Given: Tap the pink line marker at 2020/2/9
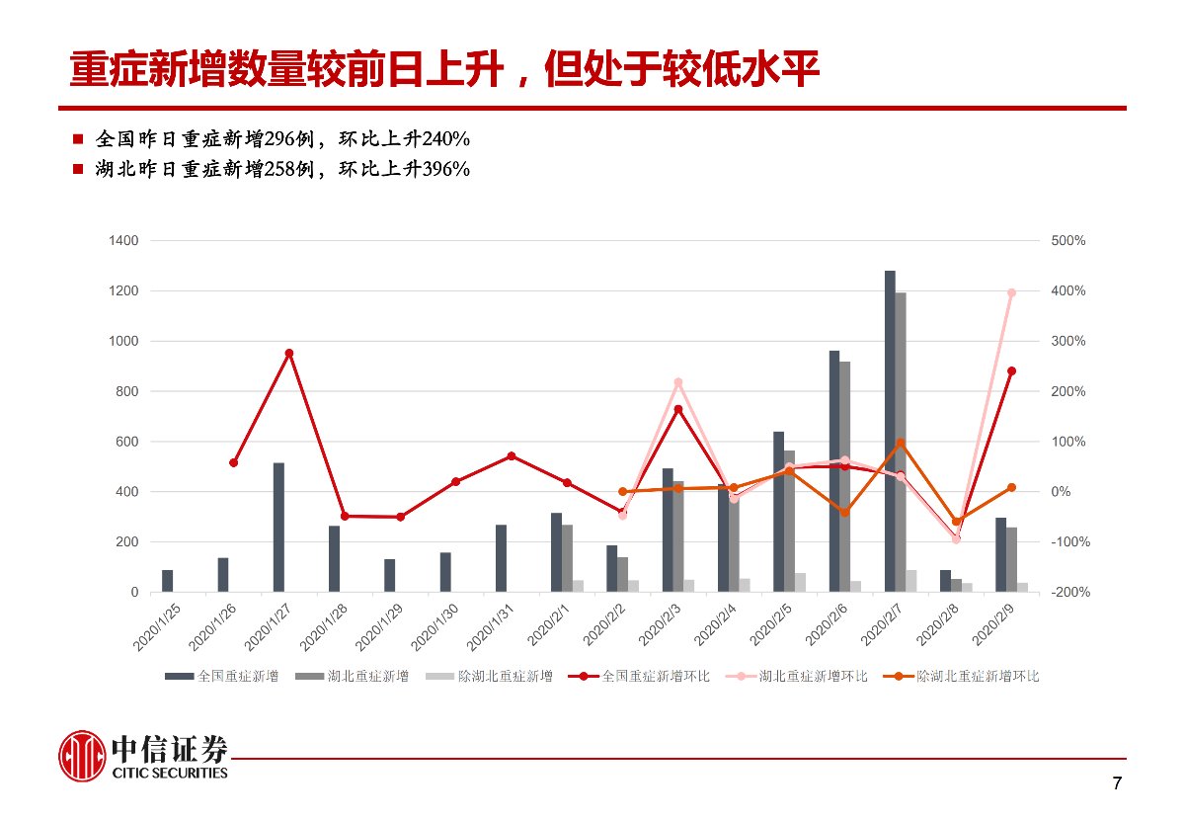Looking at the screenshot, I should tap(1011, 292).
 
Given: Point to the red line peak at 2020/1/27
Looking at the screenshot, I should tap(288, 353).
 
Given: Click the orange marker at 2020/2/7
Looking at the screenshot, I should tap(901, 444).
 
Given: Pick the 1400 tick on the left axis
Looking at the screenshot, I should tap(123, 241).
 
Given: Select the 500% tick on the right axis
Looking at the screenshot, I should tap(1067, 241).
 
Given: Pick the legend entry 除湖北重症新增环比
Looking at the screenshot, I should tap(978, 677).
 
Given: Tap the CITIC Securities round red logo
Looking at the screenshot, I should tap(82, 756).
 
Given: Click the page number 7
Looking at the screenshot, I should tap(1117, 784).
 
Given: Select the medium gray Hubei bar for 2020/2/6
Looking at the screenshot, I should tap(844, 476).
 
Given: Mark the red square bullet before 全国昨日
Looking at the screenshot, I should tap(78, 137).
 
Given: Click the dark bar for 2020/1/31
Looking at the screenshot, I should tap(501, 558).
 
